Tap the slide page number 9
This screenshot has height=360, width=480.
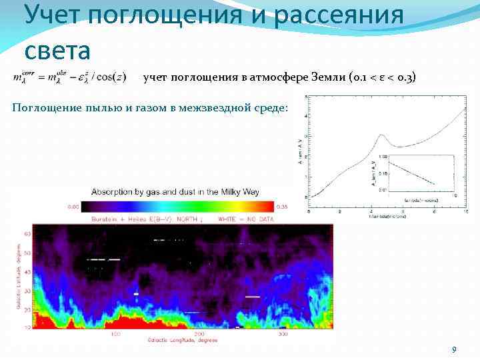pyautogui.click(x=454, y=350)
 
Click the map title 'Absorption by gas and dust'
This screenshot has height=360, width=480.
pyautogui.click(x=175, y=192)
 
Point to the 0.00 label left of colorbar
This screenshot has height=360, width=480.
pyautogui.click(x=72, y=207)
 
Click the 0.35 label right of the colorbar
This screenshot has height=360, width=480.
pyautogui.click(x=284, y=207)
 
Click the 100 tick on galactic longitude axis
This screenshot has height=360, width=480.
pyautogui.click(x=115, y=333)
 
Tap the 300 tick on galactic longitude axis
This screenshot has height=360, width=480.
pyautogui.click(x=283, y=333)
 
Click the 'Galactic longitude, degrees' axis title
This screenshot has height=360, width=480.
pyautogui.click(x=182, y=340)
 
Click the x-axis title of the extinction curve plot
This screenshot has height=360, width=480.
pyautogui.click(x=385, y=218)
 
